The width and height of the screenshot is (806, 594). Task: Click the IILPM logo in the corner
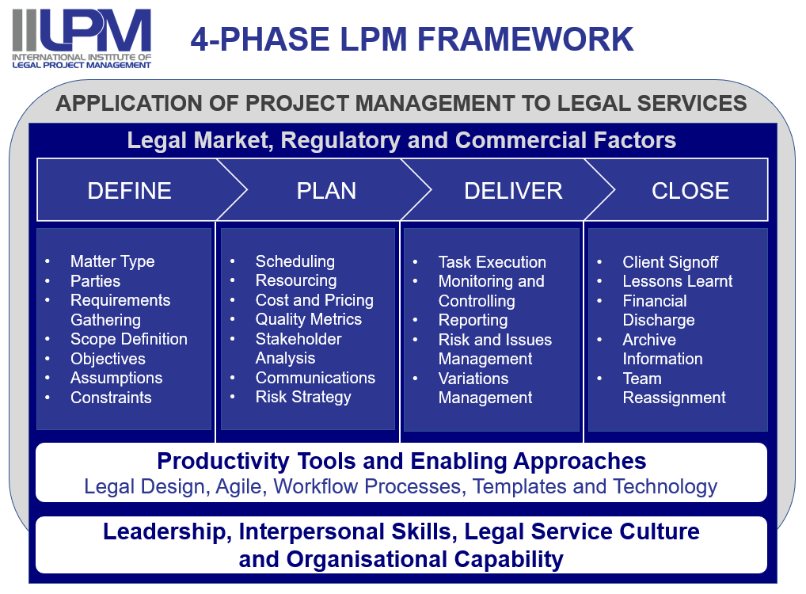[82, 39]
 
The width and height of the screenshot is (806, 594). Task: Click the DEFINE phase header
[129, 191]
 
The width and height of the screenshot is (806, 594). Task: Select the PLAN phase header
[326, 191]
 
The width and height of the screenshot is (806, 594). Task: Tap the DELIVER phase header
[513, 191]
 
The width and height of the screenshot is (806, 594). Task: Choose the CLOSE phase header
[690, 191]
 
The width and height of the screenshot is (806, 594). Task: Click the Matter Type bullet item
[112, 262]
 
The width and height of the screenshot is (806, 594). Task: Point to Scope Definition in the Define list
[129, 339]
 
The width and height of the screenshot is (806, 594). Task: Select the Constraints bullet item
[111, 398]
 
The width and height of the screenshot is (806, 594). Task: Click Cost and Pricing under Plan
[314, 300]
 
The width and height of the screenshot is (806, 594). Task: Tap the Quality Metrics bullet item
[309, 319]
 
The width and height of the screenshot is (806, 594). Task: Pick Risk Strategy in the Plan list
[303, 397]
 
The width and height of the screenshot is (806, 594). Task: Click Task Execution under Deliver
[492, 262]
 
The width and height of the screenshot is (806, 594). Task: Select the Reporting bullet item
[473, 321]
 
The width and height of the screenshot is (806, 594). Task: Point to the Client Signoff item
[671, 262]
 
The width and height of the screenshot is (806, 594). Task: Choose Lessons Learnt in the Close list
[678, 281]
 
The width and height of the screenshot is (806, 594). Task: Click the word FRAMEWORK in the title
[525, 39]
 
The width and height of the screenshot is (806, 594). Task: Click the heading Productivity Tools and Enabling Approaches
[401, 461]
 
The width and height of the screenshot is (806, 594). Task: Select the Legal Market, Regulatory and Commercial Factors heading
[401, 140]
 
